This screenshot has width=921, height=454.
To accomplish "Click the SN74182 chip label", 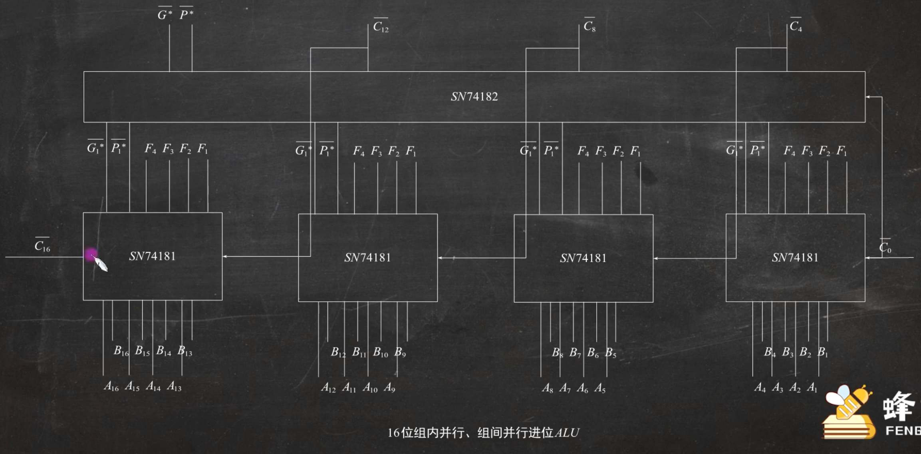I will click(x=474, y=97).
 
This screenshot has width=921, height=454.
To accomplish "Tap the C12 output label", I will click(x=380, y=27).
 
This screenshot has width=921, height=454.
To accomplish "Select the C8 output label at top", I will click(x=589, y=26).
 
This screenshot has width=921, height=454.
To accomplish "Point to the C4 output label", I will click(x=795, y=26).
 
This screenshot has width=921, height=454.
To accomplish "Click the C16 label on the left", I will click(x=42, y=246).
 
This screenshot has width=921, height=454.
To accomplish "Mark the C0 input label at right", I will click(x=885, y=248).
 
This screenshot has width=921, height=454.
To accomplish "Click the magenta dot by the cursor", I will click(x=91, y=254).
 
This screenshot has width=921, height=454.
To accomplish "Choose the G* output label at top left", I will click(x=165, y=15).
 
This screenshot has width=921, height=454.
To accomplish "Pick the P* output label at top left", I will click(x=186, y=15).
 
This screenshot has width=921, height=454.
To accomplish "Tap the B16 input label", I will click(x=121, y=351).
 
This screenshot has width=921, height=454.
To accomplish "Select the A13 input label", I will click(x=174, y=386).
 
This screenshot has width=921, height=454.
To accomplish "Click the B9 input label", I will click(x=400, y=352).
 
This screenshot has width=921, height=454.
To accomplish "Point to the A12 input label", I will click(x=328, y=388).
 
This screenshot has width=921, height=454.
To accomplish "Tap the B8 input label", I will click(x=557, y=352).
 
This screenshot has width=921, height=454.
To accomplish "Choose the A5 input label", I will click(x=599, y=388).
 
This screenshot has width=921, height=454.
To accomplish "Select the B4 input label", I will click(x=770, y=352).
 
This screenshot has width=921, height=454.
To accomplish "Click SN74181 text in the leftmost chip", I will click(x=152, y=256).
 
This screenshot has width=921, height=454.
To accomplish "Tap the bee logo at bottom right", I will click(x=848, y=412).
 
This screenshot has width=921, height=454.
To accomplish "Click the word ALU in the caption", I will click(x=567, y=433).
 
